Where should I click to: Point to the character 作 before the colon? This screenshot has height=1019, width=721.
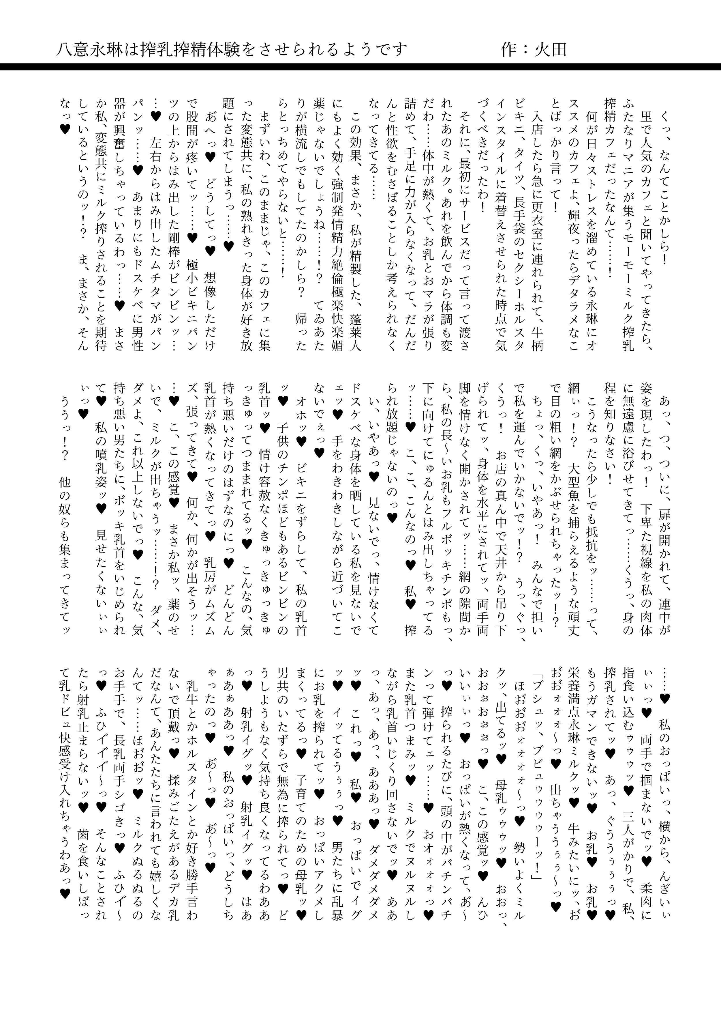[x=510, y=49]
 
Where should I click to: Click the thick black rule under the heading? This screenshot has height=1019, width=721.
[x=360, y=67]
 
